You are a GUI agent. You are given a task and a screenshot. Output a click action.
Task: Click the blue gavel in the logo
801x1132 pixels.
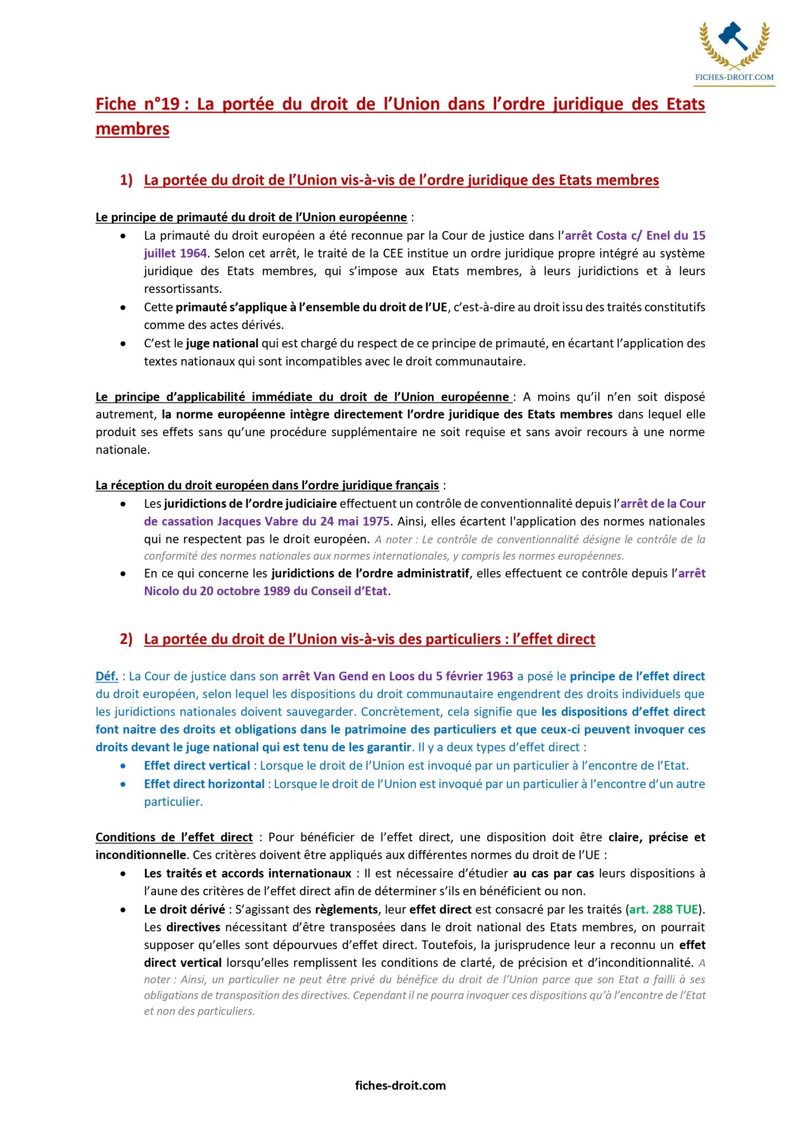coord(733,36)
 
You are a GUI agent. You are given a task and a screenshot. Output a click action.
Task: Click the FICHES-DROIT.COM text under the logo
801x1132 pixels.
coord(734,77)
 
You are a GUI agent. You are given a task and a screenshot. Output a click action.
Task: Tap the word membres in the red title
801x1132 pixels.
coord(132,129)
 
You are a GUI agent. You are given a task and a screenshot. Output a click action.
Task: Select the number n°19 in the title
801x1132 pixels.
coord(163,104)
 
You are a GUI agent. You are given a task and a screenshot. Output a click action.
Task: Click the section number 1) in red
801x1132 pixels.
coord(126,180)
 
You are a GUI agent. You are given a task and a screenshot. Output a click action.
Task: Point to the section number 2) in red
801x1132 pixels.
coord(126,639)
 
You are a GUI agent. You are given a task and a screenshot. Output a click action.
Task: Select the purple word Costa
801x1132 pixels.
coord(611,235)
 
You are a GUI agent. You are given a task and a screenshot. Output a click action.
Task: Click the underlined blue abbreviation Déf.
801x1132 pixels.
coord(107,676)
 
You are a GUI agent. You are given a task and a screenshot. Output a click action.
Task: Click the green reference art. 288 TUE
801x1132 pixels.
coord(663,909)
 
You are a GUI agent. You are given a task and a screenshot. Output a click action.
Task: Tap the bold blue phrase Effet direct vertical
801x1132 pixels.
coord(197,766)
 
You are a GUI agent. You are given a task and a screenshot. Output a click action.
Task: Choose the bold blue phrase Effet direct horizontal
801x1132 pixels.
coord(204,784)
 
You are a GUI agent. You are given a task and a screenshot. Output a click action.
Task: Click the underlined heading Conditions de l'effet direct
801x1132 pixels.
coord(174,837)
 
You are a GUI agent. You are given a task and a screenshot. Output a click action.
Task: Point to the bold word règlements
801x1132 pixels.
coord(346,909)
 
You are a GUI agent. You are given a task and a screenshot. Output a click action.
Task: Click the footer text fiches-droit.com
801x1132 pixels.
coord(400,1085)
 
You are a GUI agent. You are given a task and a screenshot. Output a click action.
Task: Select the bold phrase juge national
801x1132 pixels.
coord(222,343)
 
